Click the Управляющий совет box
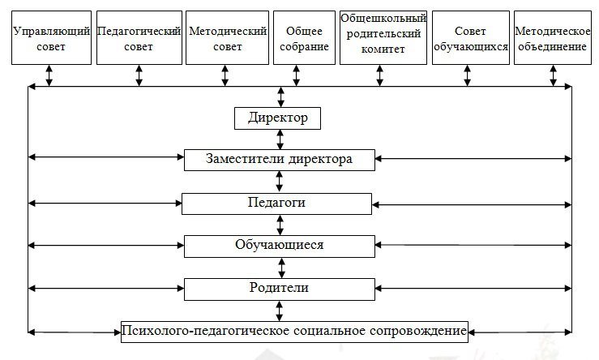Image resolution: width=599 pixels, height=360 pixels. click(50, 38)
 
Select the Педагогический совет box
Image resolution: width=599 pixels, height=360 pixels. click(138, 38)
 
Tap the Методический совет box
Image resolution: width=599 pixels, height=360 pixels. click(226, 38)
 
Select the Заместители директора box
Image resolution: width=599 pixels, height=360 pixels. click(280, 159)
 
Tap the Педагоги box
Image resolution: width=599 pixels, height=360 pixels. click(277, 203)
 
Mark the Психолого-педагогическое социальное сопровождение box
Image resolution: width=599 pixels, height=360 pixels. click(294, 331)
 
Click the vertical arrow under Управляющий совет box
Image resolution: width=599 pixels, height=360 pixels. click(50, 75)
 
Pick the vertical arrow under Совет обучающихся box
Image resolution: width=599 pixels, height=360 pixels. click(467, 75)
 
